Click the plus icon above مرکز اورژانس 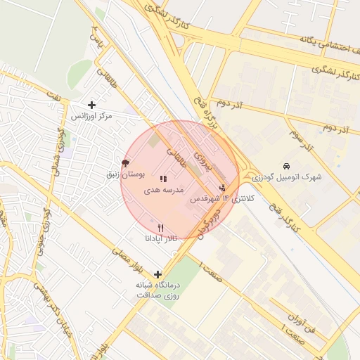pos(91,105)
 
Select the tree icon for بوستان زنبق pos(126,163)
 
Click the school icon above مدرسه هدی pos(164,179)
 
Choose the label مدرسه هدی pos(164,190)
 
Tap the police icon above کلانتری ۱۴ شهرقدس pos(223,188)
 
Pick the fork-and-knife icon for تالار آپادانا pos(161,228)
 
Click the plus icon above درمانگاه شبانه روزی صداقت pos(157,274)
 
